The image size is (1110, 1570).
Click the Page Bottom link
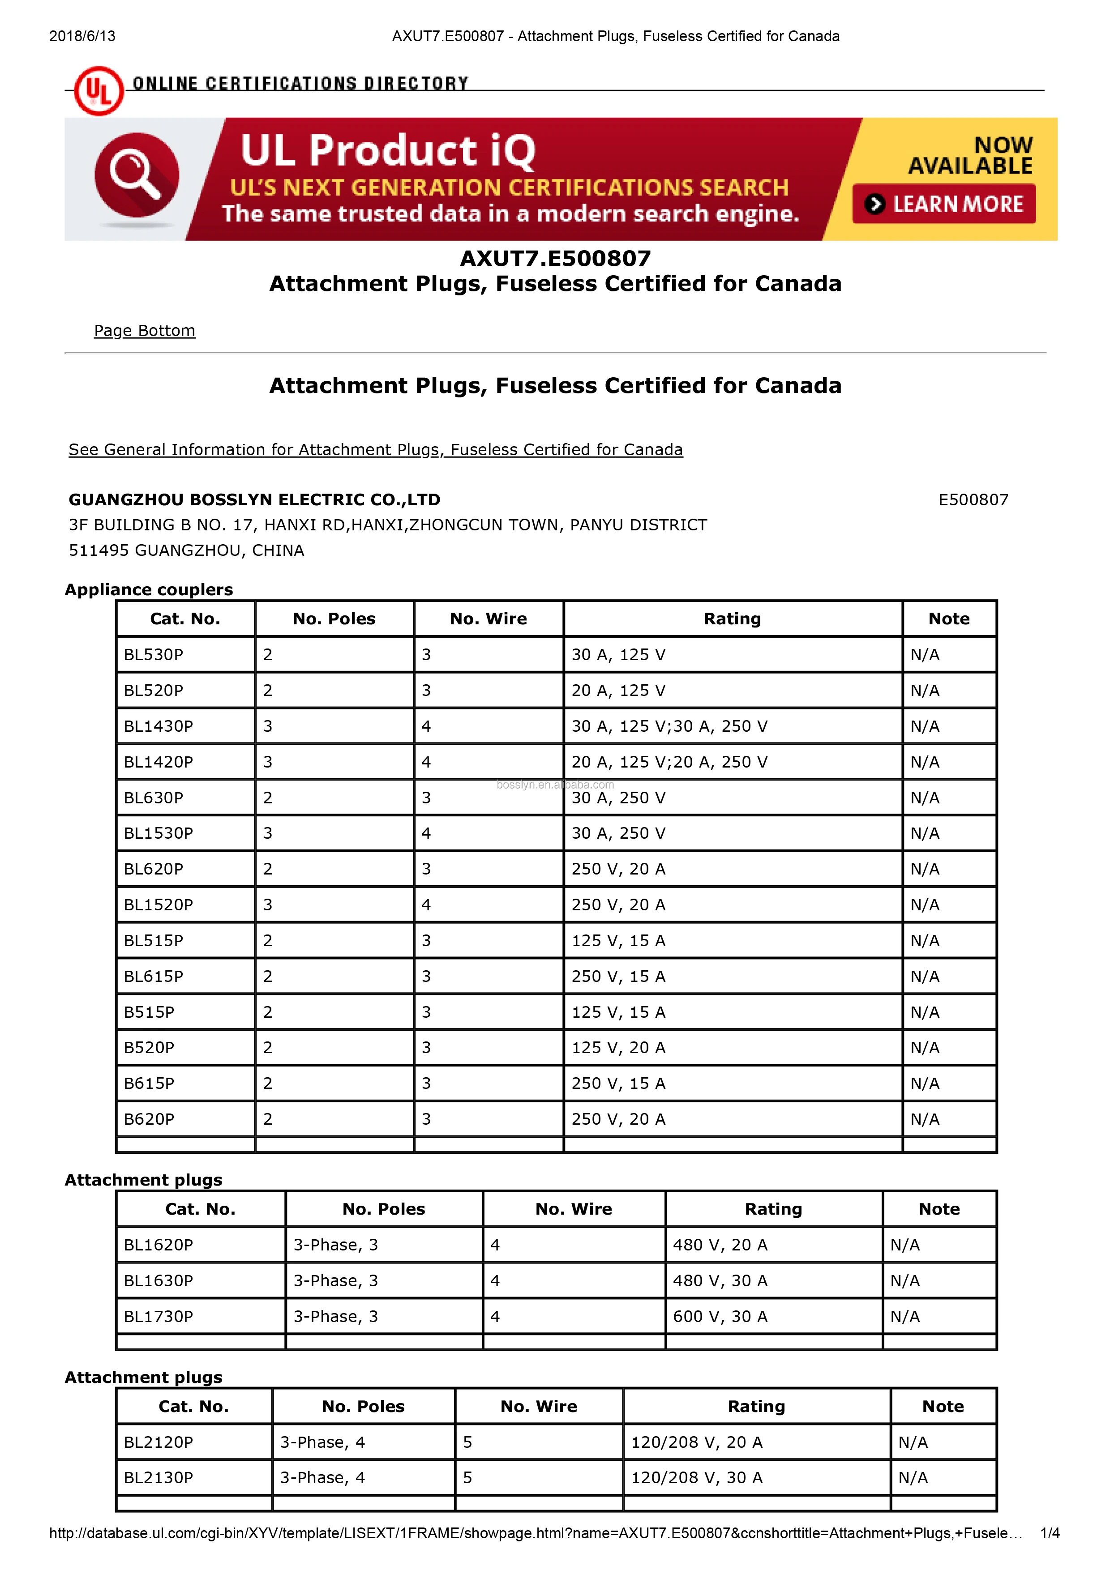point(144,331)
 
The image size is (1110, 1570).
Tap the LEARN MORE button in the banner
point(944,204)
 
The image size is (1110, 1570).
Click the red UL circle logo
point(99,91)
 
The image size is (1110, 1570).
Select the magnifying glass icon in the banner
point(136,175)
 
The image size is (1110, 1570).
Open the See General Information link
point(376,450)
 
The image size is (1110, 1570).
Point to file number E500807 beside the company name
point(973,500)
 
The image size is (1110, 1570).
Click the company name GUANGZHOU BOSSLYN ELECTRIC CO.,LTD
point(254,500)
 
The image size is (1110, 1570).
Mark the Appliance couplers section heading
point(149,589)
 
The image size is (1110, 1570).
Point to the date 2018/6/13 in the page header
point(82,36)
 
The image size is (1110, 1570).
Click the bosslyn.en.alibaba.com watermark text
point(555,785)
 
